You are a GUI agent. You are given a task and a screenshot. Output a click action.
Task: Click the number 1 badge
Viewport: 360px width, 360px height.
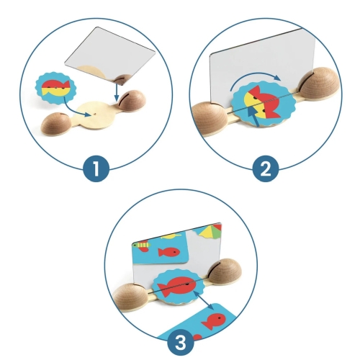click(x=96, y=168)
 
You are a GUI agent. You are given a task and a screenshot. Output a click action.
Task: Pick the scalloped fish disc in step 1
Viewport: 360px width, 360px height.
click(x=55, y=88)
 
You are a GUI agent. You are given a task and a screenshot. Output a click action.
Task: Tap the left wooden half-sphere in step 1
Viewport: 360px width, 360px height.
click(x=55, y=124)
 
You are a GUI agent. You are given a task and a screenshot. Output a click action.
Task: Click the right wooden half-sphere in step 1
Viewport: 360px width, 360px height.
click(x=132, y=101)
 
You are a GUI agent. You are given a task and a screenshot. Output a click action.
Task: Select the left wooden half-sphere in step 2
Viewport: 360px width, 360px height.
click(x=209, y=120)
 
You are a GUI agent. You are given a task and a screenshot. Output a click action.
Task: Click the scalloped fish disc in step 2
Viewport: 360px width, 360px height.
click(x=263, y=104)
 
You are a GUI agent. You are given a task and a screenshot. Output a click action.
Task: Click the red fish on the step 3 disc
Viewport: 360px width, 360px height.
click(x=177, y=285)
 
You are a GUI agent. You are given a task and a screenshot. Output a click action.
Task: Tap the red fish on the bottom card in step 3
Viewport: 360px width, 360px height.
click(x=214, y=321)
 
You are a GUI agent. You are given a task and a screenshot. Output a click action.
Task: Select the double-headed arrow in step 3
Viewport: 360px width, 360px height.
click(x=203, y=300)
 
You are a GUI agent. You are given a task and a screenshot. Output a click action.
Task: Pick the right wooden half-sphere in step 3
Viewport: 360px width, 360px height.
click(x=225, y=271)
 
